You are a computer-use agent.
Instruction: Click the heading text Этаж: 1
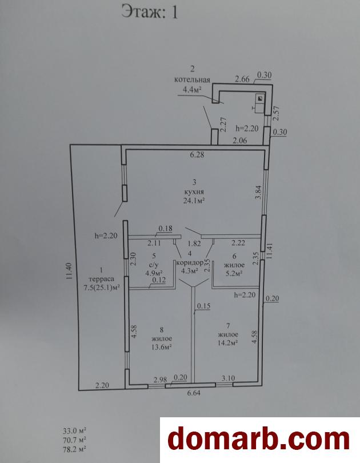click(150, 13)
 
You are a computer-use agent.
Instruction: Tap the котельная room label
click(192, 79)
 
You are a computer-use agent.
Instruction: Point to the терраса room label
click(102, 279)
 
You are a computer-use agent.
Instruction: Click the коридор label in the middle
click(190, 262)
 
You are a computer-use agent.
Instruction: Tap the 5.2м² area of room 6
click(234, 273)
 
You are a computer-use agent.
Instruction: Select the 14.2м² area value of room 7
click(228, 343)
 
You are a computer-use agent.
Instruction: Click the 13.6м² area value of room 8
click(162, 346)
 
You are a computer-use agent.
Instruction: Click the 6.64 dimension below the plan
click(194, 393)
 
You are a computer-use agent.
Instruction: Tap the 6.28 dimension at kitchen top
click(197, 154)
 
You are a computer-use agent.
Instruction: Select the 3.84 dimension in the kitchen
click(258, 193)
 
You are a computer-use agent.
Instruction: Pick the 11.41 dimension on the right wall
click(269, 251)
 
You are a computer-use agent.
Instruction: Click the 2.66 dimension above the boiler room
click(242, 79)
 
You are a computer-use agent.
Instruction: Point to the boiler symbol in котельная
click(259, 99)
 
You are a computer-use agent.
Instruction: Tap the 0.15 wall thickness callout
click(203, 306)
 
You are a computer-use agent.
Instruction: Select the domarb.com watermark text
click(258, 439)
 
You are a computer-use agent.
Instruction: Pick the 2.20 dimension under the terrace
click(102, 385)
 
